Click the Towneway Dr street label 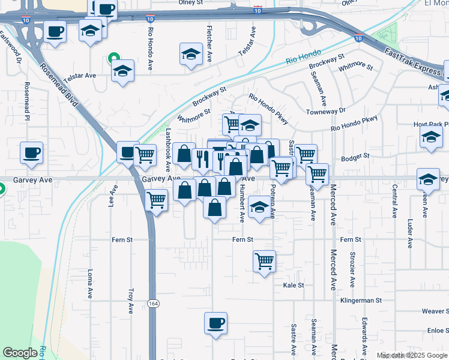click(x=326, y=111)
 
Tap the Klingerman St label click(x=361, y=300)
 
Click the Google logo click(x=20, y=353)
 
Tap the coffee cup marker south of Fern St click(x=215, y=323)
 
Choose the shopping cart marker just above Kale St click(x=264, y=260)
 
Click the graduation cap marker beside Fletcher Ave click(x=191, y=54)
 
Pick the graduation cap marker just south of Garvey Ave click(x=259, y=207)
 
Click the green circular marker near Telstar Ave click(x=112, y=59)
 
